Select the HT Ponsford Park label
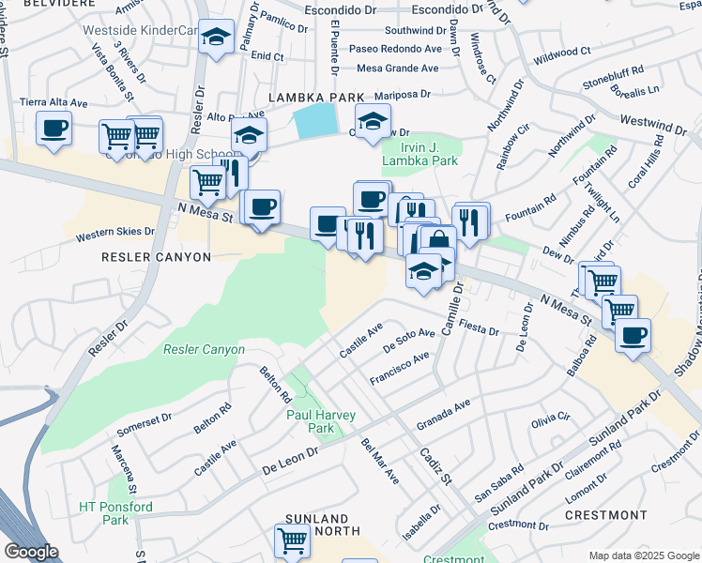click(x=114, y=513)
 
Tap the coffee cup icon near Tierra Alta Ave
click(x=53, y=127)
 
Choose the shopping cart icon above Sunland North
click(x=292, y=540)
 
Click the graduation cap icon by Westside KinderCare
click(x=218, y=37)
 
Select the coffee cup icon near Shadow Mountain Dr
click(x=633, y=335)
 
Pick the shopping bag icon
click(x=438, y=240)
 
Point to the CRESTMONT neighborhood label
click(x=606, y=515)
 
